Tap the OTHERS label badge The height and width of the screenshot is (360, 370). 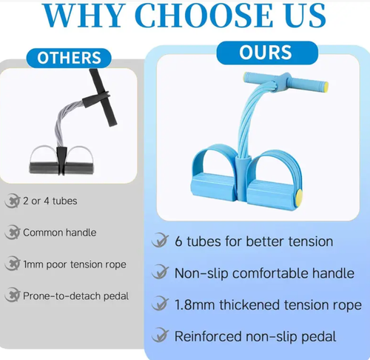coord(69,58)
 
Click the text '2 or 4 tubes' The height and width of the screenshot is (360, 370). coord(50,201)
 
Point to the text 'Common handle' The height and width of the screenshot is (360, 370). coord(59,233)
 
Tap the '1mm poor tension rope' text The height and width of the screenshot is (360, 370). coord(74,264)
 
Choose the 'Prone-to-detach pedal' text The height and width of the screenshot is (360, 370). coord(75,296)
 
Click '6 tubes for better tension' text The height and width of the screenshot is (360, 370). coord(253,241)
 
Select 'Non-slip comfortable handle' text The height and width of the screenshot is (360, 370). coord(264,273)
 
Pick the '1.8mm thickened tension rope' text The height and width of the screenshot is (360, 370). coord(268,304)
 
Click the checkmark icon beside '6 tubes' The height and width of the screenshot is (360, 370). coord(159,241)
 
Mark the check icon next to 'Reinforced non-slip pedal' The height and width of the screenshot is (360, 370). coord(159,336)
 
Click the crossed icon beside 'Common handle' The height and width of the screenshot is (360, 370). coord(11,233)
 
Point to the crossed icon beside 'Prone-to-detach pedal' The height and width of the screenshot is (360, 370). coord(11,296)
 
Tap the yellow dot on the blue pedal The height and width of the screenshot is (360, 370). coord(298,197)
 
